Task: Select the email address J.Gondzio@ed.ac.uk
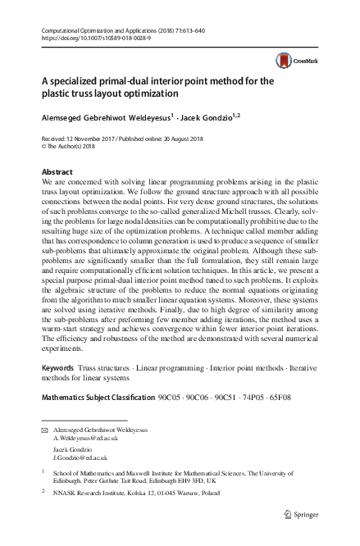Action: [x=82, y=459]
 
